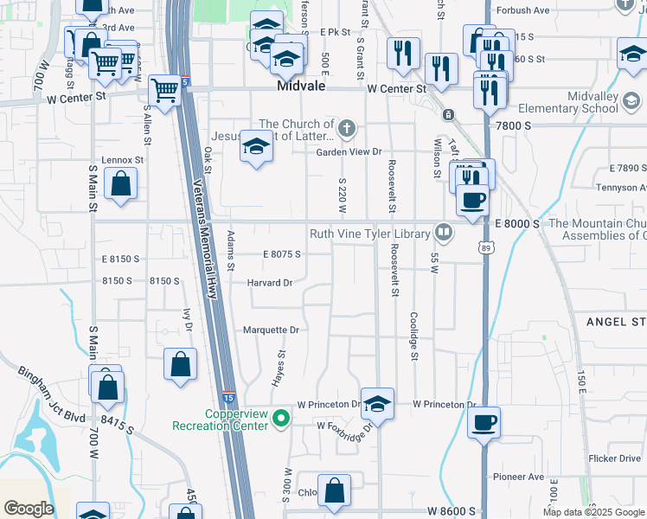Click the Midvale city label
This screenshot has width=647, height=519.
tap(299, 88)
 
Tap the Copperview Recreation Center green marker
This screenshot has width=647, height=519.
tap(280, 420)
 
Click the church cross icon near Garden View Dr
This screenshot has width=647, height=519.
tap(346, 130)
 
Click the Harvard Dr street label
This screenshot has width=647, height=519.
tap(270, 283)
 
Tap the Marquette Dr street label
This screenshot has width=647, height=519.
tap(270, 330)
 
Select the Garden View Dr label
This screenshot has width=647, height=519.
tap(349, 151)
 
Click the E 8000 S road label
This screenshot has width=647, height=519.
tap(517, 223)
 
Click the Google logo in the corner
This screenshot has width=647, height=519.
tap(29, 509)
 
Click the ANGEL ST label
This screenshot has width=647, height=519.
tap(616, 322)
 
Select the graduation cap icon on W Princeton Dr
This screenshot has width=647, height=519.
tap(377, 402)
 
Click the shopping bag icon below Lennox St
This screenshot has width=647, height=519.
tap(120, 184)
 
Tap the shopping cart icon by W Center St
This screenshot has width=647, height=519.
tap(164, 89)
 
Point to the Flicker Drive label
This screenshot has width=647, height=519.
tap(612, 458)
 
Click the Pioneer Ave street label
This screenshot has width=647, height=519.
tap(518, 477)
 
